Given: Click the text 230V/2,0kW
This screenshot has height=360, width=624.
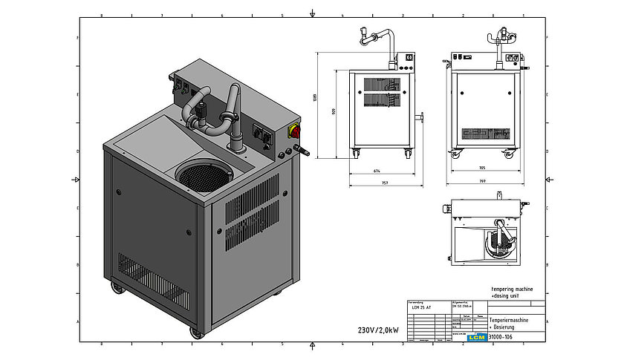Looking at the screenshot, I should pyautogui.click(x=379, y=330).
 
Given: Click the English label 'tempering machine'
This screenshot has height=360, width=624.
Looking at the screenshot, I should pyautogui.click(x=512, y=289).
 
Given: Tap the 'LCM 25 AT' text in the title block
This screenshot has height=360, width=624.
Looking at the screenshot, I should pyautogui.click(x=422, y=308).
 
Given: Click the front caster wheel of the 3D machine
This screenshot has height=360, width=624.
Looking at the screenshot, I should pyautogui.click(x=196, y=332).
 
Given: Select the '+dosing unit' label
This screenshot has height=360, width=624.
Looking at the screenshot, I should pyautogui.click(x=507, y=295).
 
